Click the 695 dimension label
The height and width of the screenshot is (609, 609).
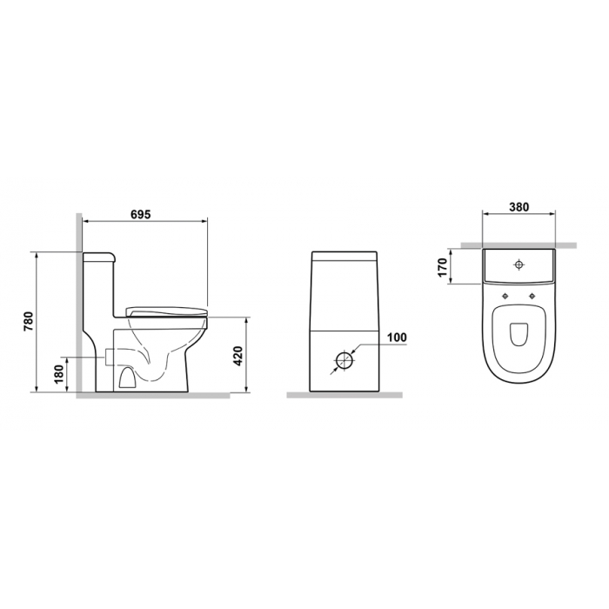(x=140, y=214)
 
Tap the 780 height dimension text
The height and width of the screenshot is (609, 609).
(x=29, y=322)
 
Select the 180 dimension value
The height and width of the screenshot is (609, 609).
(x=59, y=374)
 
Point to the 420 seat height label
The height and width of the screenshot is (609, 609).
(x=238, y=355)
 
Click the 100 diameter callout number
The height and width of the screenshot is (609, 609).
(x=397, y=338)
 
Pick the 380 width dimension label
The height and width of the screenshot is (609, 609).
(x=519, y=207)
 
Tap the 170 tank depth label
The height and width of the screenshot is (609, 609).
(x=442, y=267)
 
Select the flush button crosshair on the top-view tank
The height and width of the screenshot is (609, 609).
(x=519, y=264)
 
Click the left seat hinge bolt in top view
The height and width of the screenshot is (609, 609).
(x=505, y=296)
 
